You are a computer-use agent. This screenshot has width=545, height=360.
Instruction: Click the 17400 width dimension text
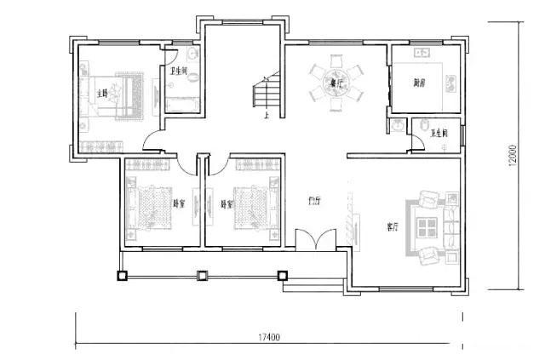click(x=270, y=337)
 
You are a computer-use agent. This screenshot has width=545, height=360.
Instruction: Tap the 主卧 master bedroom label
click(x=104, y=93)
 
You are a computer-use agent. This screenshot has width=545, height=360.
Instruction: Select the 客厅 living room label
click(x=393, y=227)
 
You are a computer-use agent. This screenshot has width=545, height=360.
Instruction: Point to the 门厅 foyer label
click(x=313, y=202)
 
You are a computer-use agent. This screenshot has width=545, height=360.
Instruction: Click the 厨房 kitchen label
click(x=419, y=83)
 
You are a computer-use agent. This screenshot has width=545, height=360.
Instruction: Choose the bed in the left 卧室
click(x=152, y=204)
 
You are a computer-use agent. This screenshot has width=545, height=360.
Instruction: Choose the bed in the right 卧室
click(x=252, y=204)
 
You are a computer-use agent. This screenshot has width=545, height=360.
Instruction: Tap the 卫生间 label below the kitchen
click(x=440, y=134)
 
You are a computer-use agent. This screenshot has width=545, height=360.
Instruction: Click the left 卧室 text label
click(x=179, y=203)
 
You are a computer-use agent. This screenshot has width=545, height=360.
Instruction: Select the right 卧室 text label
click(x=227, y=204)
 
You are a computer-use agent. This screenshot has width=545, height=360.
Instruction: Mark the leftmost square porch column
click(x=122, y=276)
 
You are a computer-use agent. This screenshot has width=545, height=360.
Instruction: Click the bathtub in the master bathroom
click(x=181, y=105)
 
